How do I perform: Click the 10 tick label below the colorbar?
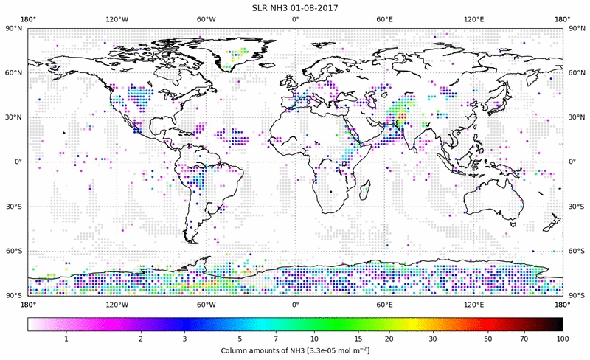315,339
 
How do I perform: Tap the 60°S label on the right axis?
575,252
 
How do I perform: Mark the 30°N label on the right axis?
575,117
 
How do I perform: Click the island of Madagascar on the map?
364,190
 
